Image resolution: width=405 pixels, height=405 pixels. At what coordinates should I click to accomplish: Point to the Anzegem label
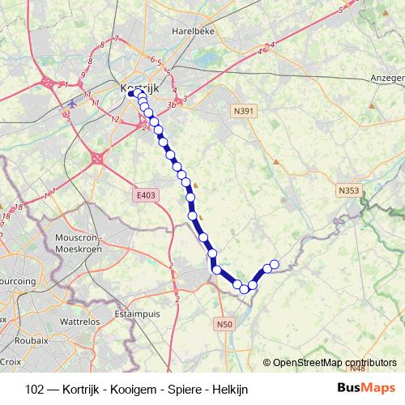387,78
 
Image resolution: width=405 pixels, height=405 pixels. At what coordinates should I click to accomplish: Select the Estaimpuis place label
139,312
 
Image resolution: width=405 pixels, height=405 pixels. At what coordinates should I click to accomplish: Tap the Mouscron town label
77,237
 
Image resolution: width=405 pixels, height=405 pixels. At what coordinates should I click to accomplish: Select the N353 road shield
347,190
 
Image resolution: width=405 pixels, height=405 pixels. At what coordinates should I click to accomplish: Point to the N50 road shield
224,325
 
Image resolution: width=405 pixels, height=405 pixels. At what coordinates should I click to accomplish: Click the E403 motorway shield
147,194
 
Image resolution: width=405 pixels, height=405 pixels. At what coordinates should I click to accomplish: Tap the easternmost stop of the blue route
275,263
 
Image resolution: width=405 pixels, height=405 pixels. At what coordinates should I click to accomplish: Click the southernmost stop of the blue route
244,288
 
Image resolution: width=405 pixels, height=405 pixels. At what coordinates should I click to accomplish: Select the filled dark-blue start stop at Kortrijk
130,93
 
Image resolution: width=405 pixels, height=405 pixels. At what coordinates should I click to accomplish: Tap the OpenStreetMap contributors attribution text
335,363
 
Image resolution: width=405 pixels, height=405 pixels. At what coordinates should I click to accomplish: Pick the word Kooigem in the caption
135,389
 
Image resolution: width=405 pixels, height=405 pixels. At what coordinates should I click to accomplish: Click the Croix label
11,362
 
